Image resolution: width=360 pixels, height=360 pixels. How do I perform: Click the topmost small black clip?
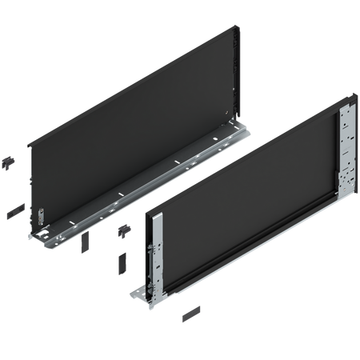10,160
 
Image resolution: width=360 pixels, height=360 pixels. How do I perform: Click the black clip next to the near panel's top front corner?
125,231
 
